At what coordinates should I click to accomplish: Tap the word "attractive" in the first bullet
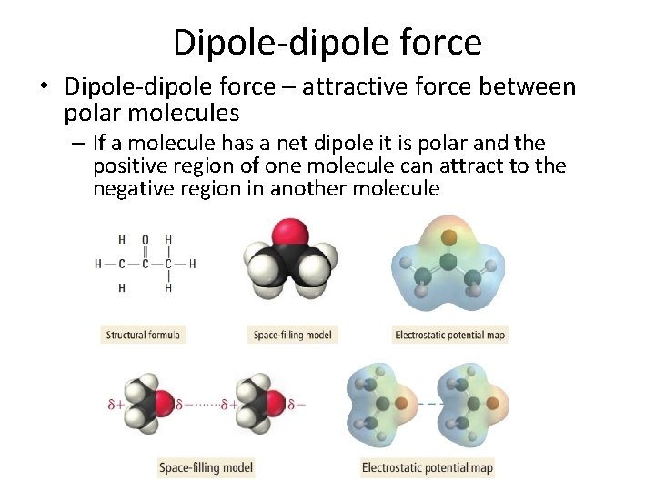(x=346, y=88)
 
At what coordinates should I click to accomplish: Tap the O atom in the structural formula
(x=145, y=240)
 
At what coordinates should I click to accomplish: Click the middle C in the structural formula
(x=145, y=265)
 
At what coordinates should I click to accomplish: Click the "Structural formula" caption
(x=143, y=335)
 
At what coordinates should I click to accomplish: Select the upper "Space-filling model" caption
(x=292, y=335)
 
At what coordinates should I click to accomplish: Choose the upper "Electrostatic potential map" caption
(x=449, y=335)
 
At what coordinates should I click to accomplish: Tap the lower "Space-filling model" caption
(x=206, y=468)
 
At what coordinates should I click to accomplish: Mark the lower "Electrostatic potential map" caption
(x=427, y=468)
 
